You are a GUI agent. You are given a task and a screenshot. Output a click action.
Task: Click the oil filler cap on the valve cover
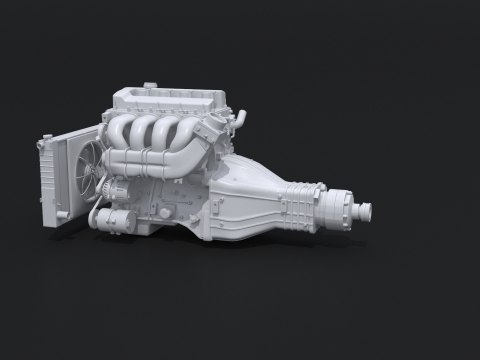[x=150, y=86]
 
